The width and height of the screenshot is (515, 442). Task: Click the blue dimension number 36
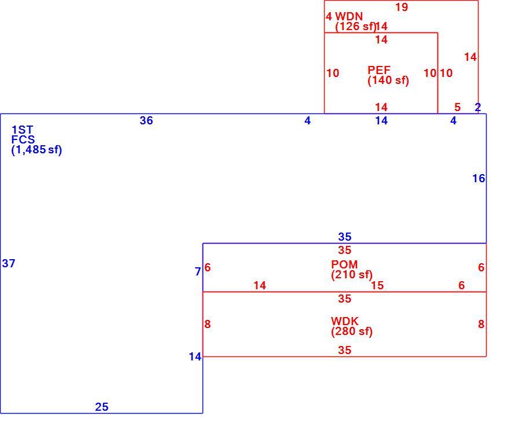pyautogui.click(x=146, y=120)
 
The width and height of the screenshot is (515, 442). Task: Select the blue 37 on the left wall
pyautogui.click(x=9, y=263)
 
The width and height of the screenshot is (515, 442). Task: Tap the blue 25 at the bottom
pyautogui.click(x=102, y=407)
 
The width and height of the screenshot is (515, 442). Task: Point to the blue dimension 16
pyautogui.click(x=479, y=178)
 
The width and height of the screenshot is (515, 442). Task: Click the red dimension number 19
pyautogui.click(x=402, y=7)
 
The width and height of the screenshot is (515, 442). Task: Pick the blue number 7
pyautogui.click(x=198, y=271)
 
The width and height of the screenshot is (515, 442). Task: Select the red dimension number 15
pyautogui.click(x=377, y=285)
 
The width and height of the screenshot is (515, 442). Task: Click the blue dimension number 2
pyautogui.click(x=478, y=107)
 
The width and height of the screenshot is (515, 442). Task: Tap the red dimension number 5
pyautogui.click(x=458, y=107)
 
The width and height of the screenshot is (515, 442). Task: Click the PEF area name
pyautogui.click(x=379, y=70)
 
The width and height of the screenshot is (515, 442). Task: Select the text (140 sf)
pyautogui.click(x=388, y=80)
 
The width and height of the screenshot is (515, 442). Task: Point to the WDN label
pyautogui.click(x=349, y=16)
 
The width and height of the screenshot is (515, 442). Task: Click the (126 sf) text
pyautogui.click(x=356, y=26)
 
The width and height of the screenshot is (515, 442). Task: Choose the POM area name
pyautogui.click(x=344, y=264)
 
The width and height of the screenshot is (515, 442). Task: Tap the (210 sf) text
pyautogui.click(x=352, y=275)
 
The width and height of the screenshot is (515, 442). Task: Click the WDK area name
pyautogui.click(x=345, y=321)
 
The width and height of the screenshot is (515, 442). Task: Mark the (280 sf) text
pyautogui.click(x=352, y=331)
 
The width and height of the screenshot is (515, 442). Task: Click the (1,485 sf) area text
pyautogui.click(x=36, y=150)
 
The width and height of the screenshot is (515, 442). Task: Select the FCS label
pyautogui.click(x=23, y=139)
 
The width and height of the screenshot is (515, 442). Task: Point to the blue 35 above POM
pyautogui.click(x=345, y=237)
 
